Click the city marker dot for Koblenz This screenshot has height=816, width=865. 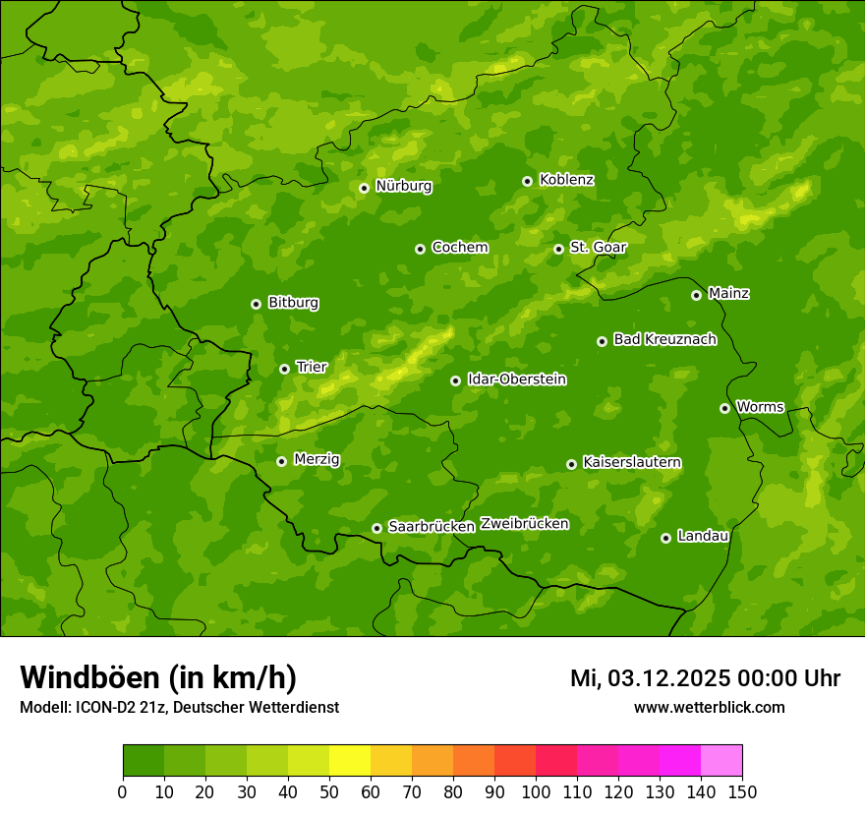tap(528, 181)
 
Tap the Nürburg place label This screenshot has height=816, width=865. tap(403, 186)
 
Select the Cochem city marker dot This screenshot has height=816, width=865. tap(420, 249)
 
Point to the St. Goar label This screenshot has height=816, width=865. tap(598, 248)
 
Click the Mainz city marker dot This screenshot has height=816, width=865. tap(696, 295)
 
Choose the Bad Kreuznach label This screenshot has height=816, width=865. tap(664, 340)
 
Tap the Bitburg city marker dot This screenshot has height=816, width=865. tap(256, 304)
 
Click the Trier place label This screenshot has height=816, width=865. tap(312, 368)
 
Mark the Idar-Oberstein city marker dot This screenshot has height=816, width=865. tap(455, 380)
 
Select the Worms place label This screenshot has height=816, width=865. tap(760, 407)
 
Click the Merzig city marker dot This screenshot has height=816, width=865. tap(281, 461)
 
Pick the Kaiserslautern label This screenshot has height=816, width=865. tap(632, 463)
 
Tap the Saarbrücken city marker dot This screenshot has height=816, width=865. tap(376, 528)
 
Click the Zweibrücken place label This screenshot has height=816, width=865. tap(525, 524)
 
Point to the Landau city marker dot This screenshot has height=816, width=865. tap(665, 538)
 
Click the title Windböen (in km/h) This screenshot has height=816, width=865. tap(158, 678)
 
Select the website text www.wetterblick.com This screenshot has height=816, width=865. tap(709, 707)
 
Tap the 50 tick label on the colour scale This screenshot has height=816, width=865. tap(329, 791)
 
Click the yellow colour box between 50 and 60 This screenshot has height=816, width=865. tap(350, 761)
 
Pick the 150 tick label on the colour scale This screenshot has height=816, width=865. tap(742, 791)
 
